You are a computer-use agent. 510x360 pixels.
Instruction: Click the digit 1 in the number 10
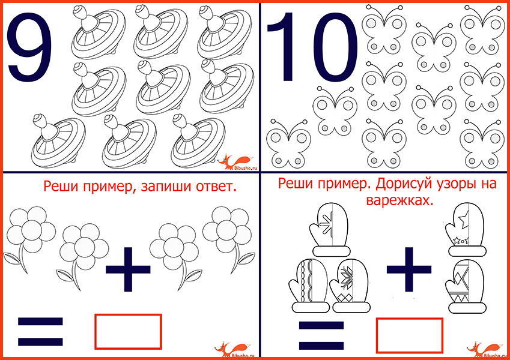pyautogui.click(x=284, y=47)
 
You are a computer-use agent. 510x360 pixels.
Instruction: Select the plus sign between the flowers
pyautogui.click(x=128, y=269)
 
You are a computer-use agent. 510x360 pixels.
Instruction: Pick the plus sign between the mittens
pyautogui.click(x=409, y=269)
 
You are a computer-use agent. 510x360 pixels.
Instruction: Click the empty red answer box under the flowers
pyautogui.click(x=128, y=331)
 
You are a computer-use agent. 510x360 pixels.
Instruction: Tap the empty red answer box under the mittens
pyautogui.click(x=410, y=335)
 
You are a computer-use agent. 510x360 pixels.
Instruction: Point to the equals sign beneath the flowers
pyautogui.click(x=40, y=331)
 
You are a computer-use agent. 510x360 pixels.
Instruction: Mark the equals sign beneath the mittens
pyautogui.click(x=321, y=335)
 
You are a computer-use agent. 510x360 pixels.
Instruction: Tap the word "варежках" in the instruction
pyautogui.click(x=400, y=201)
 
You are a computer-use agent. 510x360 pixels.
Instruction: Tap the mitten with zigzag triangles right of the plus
pyautogui.click(x=466, y=286)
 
